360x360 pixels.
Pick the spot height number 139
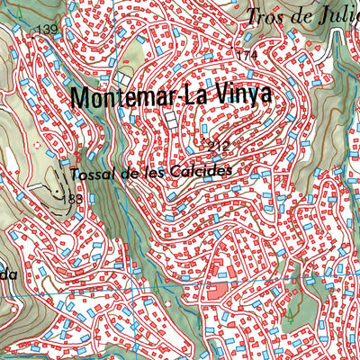point(45,31)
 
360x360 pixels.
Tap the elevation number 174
point(247,56)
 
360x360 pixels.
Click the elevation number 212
point(218,146)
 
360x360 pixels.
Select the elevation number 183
point(74,198)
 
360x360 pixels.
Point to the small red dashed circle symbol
point(37,144)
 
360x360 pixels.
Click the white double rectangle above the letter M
point(125,77)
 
